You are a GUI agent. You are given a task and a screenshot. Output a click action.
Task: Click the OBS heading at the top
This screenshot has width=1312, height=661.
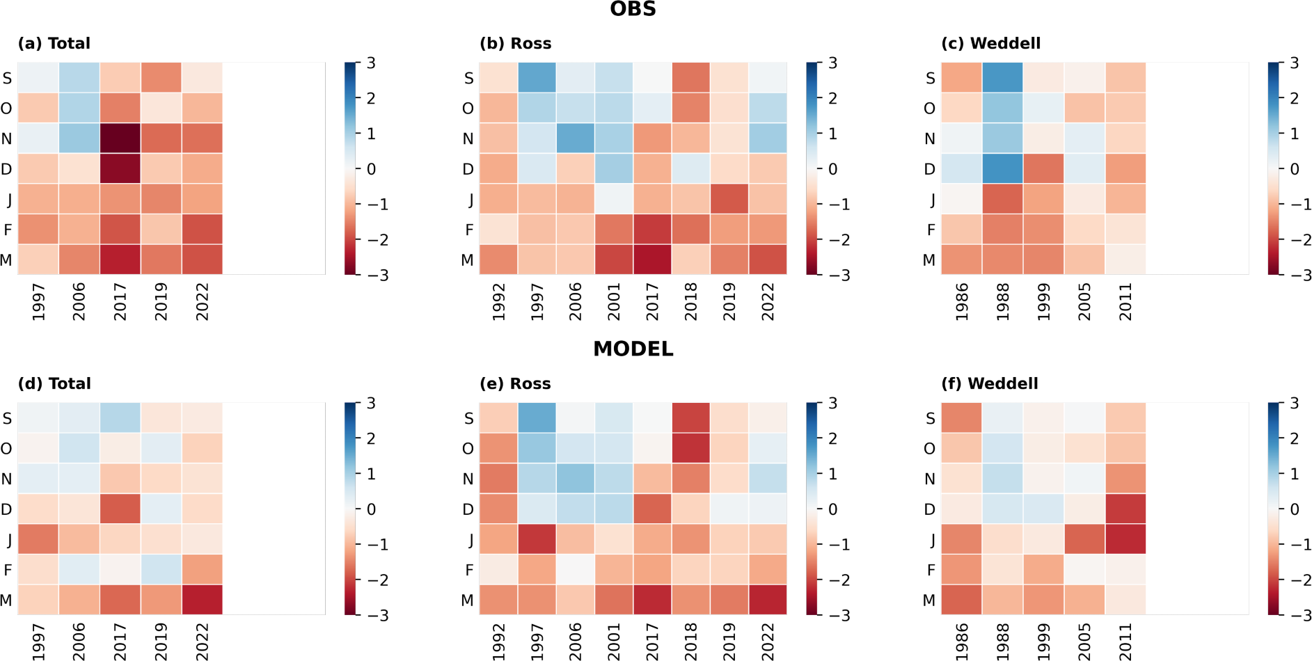[633, 10]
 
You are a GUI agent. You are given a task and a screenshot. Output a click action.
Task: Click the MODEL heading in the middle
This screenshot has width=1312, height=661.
[633, 349]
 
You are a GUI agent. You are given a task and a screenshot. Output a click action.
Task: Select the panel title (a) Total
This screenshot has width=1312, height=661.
[54, 43]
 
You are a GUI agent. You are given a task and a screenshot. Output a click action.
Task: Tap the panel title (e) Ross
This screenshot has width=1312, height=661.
[515, 383]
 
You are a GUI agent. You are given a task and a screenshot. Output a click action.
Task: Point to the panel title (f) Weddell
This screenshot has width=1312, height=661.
[989, 383]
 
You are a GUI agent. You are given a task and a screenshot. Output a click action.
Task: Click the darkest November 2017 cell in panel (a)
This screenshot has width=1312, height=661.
[120, 138]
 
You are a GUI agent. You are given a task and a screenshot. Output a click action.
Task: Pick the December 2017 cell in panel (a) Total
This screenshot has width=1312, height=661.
[120, 169]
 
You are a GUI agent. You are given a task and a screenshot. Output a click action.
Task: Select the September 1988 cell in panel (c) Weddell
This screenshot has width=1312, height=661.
[1002, 78]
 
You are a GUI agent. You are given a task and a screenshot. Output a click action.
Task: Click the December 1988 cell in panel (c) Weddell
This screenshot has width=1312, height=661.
[1002, 169]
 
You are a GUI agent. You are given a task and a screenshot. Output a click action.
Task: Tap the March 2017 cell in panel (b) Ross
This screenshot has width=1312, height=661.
[652, 260]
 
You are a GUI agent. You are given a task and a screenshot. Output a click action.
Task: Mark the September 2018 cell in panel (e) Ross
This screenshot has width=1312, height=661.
[690, 418]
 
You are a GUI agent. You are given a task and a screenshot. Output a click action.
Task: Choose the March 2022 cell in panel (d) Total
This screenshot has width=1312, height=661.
[202, 600]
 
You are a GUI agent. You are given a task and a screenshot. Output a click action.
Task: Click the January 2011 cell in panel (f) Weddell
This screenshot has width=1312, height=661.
[1125, 539]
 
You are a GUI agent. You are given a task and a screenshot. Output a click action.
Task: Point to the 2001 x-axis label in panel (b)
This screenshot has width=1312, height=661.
[614, 301]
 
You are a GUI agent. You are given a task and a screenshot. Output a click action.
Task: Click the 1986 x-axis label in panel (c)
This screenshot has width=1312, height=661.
[962, 301]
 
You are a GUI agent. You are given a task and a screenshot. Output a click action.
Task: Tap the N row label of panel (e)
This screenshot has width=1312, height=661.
[468, 479]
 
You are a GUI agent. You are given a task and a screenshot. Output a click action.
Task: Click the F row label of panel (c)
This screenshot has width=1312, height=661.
[930, 230]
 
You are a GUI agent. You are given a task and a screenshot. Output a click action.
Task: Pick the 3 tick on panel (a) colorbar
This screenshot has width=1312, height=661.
[371, 63]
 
